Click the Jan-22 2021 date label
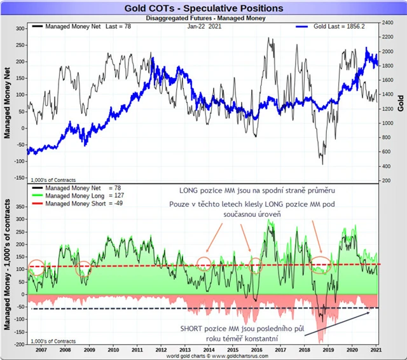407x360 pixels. [x=204, y=29]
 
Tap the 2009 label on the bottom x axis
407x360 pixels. [x=89, y=350]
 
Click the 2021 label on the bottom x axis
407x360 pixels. [x=376, y=350]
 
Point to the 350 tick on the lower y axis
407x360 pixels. [x=19, y=207]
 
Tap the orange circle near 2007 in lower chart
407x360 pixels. [x=36, y=267]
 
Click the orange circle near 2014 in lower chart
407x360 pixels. [x=204, y=264]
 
